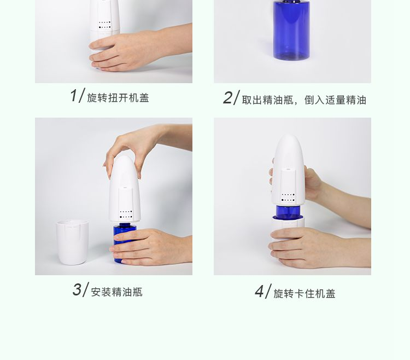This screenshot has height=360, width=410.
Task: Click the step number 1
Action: pos(73,96)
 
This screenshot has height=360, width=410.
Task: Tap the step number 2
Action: pos(227,98)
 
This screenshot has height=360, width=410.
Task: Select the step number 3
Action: pos(77,289)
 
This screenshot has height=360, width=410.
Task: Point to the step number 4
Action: pos(259,292)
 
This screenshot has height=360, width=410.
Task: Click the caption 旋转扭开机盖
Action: pos(118,98)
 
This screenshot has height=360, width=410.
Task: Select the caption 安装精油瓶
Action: pos(116,292)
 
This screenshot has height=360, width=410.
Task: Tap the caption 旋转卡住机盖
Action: pos(304,294)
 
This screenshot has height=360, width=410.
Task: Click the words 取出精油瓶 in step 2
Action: pos(267,100)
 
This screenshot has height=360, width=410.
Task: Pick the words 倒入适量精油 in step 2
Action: pos(335,100)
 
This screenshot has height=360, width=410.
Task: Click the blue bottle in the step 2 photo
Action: pos(291,30)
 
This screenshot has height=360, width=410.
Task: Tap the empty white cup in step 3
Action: pos(72,242)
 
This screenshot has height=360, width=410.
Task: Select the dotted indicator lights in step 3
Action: pos(126,214)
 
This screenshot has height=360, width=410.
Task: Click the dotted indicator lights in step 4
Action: pos(288,198)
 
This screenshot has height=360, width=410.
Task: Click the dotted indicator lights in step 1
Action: pos(105,25)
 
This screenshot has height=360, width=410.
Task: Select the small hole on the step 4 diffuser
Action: pos(289,169)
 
